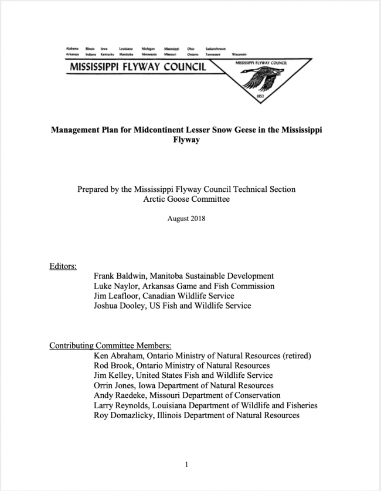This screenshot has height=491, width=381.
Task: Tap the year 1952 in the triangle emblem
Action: pos(261,95)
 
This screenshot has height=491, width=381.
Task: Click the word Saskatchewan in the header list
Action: pos(216,49)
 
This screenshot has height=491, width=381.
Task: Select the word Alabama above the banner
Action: pos(73,49)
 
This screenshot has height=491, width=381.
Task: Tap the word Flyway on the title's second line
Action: pos(186,141)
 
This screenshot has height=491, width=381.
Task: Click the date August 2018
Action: pos(186,219)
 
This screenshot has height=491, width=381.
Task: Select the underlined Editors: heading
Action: pos(63,266)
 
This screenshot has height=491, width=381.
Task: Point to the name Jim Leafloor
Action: pos(118,296)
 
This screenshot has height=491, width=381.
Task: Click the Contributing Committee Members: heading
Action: pos(110,346)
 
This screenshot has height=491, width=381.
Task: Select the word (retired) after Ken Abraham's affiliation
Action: pos(292,355)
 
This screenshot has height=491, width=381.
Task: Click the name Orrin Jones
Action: pos(117,385)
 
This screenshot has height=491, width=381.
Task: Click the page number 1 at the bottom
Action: pos(186,465)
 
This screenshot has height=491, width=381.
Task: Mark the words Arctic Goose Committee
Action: pos(186,199)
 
